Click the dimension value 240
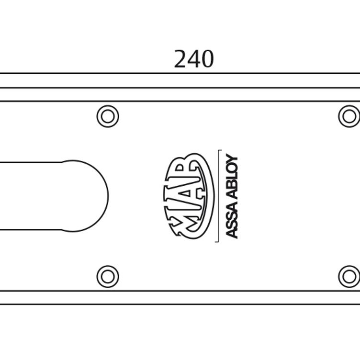[x=194, y=59]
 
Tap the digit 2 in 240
[x=180, y=59]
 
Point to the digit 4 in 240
[x=194, y=59]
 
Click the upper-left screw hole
[x=108, y=116]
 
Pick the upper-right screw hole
[x=349, y=116]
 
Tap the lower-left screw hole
[x=108, y=276]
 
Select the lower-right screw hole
[x=349, y=276]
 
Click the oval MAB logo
[x=189, y=196]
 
